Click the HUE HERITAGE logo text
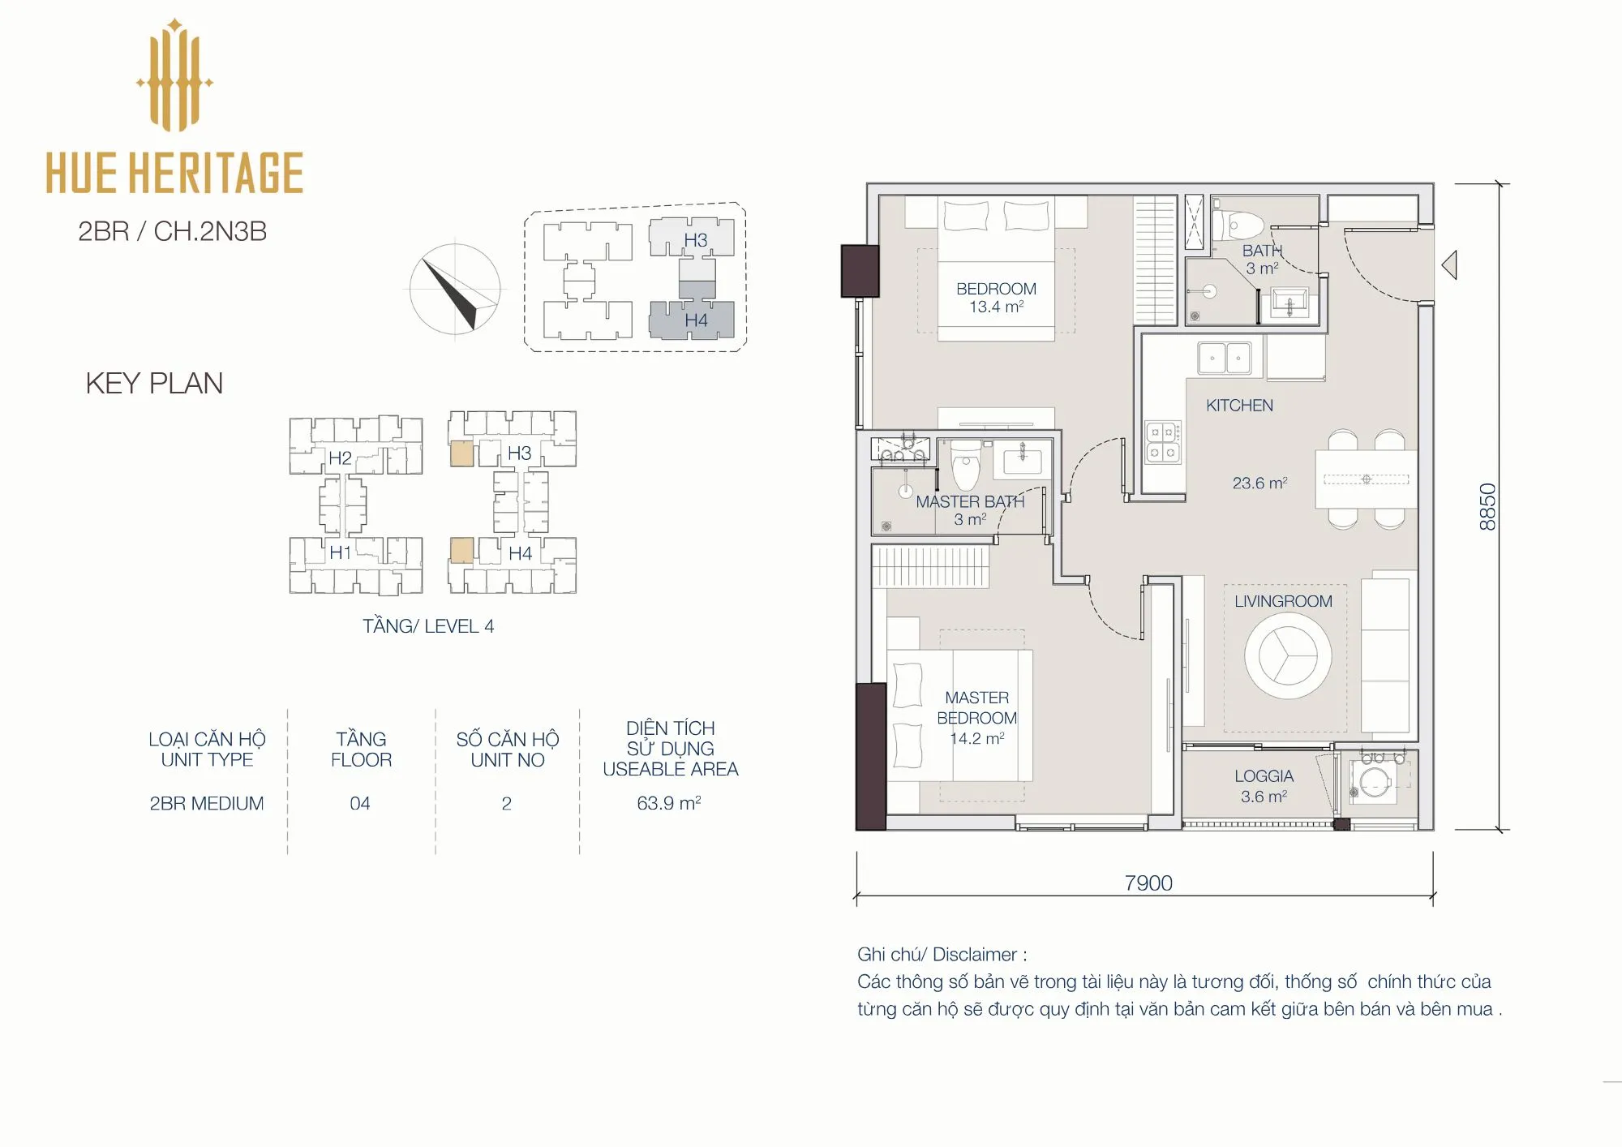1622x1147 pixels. point(174,172)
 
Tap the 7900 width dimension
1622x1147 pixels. point(1148,883)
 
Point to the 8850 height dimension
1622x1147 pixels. point(1487,507)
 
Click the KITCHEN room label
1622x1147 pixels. point(1239,406)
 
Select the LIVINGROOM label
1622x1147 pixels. point(1283,601)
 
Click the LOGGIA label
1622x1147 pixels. point(1264,776)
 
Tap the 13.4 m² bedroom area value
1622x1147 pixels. point(996,307)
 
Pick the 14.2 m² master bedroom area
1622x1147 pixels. point(977,738)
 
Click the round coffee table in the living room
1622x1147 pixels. point(1288,655)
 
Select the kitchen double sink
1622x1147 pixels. point(1225,358)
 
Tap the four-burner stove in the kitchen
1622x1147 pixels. point(1163,443)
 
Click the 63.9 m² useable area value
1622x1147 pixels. point(668,803)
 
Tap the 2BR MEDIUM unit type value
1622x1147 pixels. point(207,803)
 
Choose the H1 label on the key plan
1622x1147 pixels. point(341,553)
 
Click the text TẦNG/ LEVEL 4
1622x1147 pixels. point(428,626)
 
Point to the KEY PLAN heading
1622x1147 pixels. point(154,383)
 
